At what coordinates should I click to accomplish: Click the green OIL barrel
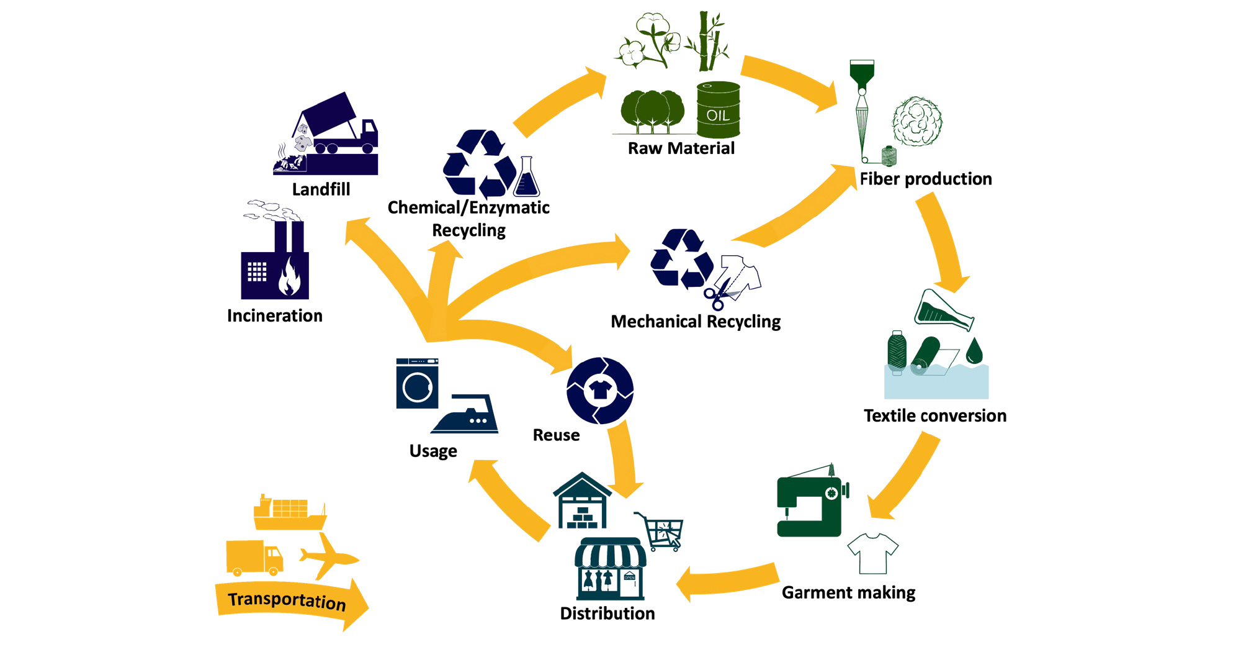click(x=718, y=111)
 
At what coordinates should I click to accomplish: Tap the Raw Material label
click(x=681, y=148)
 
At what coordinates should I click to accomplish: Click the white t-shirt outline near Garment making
click(x=872, y=553)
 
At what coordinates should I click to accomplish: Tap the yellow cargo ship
click(x=290, y=513)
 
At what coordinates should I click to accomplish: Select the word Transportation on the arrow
click(x=287, y=600)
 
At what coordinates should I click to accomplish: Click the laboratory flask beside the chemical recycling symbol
click(x=527, y=178)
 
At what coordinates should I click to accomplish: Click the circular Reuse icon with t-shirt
click(x=599, y=391)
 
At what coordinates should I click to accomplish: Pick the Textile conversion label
click(x=934, y=416)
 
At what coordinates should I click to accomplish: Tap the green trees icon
click(x=652, y=111)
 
